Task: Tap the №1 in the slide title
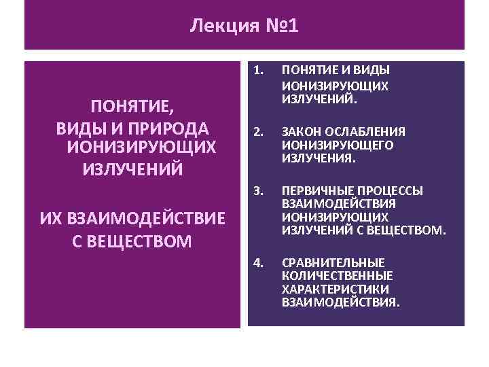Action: pyautogui.click(x=279, y=26)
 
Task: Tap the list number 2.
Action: pyautogui.click(x=257, y=131)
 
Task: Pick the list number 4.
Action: pyautogui.click(x=257, y=262)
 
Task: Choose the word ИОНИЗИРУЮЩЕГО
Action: pyautogui.click(x=328, y=145)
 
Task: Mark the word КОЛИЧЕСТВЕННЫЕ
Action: pyautogui.click(x=337, y=275)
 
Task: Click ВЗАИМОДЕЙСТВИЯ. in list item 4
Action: pyautogui.click(x=340, y=302)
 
